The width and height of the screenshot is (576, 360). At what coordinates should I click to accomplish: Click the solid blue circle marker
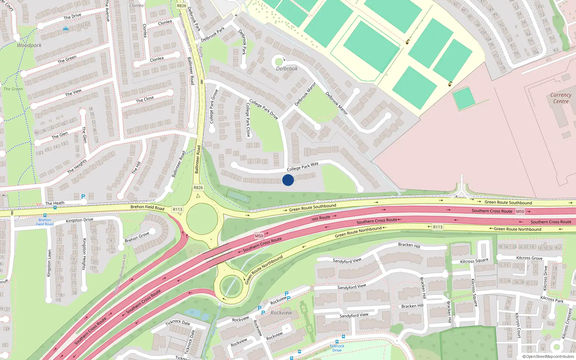coord(288,180)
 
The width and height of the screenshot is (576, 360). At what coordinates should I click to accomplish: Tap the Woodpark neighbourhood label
coord(29,45)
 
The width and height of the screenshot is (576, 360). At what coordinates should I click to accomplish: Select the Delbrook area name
coord(287,68)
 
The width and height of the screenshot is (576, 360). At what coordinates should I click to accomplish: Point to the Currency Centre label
coord(561,98)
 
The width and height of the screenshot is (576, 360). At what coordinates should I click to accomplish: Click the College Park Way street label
coord(302,167)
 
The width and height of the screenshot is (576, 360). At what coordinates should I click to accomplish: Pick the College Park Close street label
coord(248,120)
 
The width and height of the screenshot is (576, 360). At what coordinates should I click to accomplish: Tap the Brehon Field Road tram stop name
coord(45,222)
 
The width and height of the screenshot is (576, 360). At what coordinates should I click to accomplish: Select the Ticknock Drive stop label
coord(337,348)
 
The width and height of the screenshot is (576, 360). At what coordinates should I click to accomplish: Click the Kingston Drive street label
coord(79,220)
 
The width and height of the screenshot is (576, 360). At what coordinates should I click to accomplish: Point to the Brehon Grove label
coord(137,237)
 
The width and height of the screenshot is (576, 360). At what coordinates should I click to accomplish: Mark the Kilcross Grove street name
coord(529,258)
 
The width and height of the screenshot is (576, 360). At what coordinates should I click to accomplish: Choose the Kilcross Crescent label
coord(567,323)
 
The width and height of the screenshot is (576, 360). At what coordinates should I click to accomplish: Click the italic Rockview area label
coord(281,313)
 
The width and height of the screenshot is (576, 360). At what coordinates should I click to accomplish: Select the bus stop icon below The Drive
coord(66,29)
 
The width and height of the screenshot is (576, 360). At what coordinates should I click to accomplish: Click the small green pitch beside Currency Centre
coord(464,98)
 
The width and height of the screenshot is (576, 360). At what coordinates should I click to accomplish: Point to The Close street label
coord(145,99)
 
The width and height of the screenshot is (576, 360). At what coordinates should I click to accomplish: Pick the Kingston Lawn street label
coord(49,263)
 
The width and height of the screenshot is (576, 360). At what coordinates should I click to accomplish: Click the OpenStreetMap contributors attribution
coord(548,356)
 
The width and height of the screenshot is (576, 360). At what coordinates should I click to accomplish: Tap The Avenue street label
coord(107,11)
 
